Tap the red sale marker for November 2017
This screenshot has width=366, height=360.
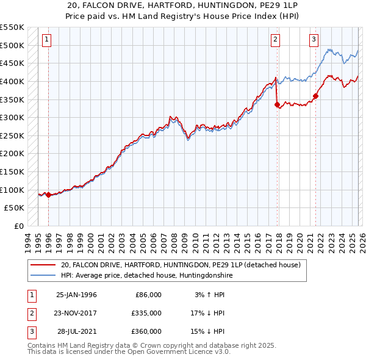pos(278,104)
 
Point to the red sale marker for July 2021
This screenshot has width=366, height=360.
pos(316,95)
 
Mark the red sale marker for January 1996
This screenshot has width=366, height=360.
pos(49,195)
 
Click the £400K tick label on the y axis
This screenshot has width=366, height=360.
pos(12,81)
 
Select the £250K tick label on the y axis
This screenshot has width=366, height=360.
pos(12,135)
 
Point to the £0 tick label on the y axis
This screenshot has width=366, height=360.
pos(18,226)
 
